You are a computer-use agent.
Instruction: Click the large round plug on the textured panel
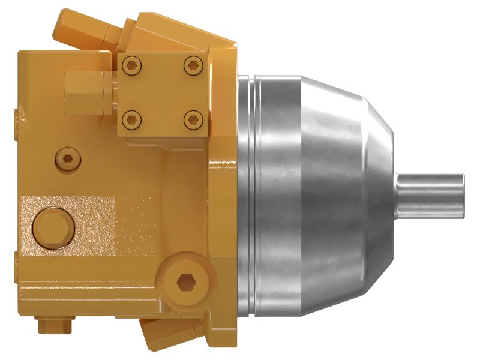[x=54, y=229]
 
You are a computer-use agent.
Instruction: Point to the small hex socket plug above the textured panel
[x=67, y=159]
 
